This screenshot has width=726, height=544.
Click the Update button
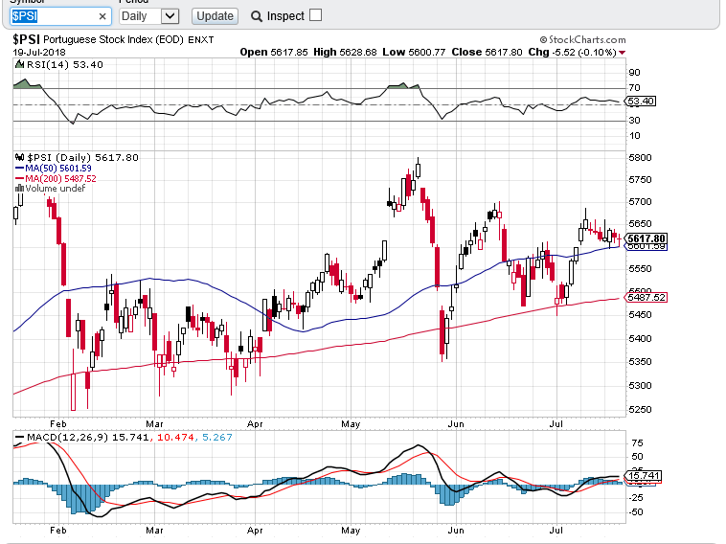[215, 15]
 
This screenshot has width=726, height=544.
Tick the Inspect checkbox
[316, 15]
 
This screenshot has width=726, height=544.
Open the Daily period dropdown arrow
[170, 16]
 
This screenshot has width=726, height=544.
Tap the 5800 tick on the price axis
[640, 157]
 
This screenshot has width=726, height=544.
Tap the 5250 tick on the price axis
[640, 409]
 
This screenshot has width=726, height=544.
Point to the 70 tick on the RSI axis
[634, 88]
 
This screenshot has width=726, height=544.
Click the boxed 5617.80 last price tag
[647, 238]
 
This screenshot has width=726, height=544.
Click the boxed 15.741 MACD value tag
[641, 475]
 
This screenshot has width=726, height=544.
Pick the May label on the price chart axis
[350, 422]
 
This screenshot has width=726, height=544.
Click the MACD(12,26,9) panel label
[64, 438]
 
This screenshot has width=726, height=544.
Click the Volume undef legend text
[55, 189]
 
